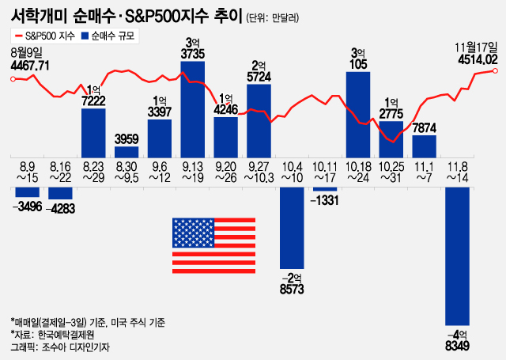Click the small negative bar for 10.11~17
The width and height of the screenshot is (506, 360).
[x=325, y=189]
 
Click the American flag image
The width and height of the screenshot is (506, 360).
[x=206, y=245]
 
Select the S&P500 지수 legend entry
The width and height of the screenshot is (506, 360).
[x=44, y=36]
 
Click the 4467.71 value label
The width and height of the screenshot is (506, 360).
[x=31, y=65]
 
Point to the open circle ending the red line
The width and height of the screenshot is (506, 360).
[x=495, y=71]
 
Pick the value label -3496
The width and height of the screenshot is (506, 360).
[x=28, y=207]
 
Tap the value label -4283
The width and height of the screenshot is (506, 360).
[x=61, y=209]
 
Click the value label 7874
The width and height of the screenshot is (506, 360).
[x=425, y=127]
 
